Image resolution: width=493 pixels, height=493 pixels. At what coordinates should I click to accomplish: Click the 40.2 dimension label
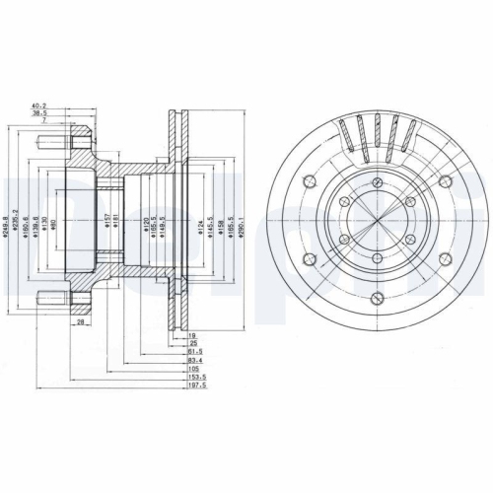point(40,106)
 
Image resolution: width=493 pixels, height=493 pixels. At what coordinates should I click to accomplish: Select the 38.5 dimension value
point(40,114)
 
